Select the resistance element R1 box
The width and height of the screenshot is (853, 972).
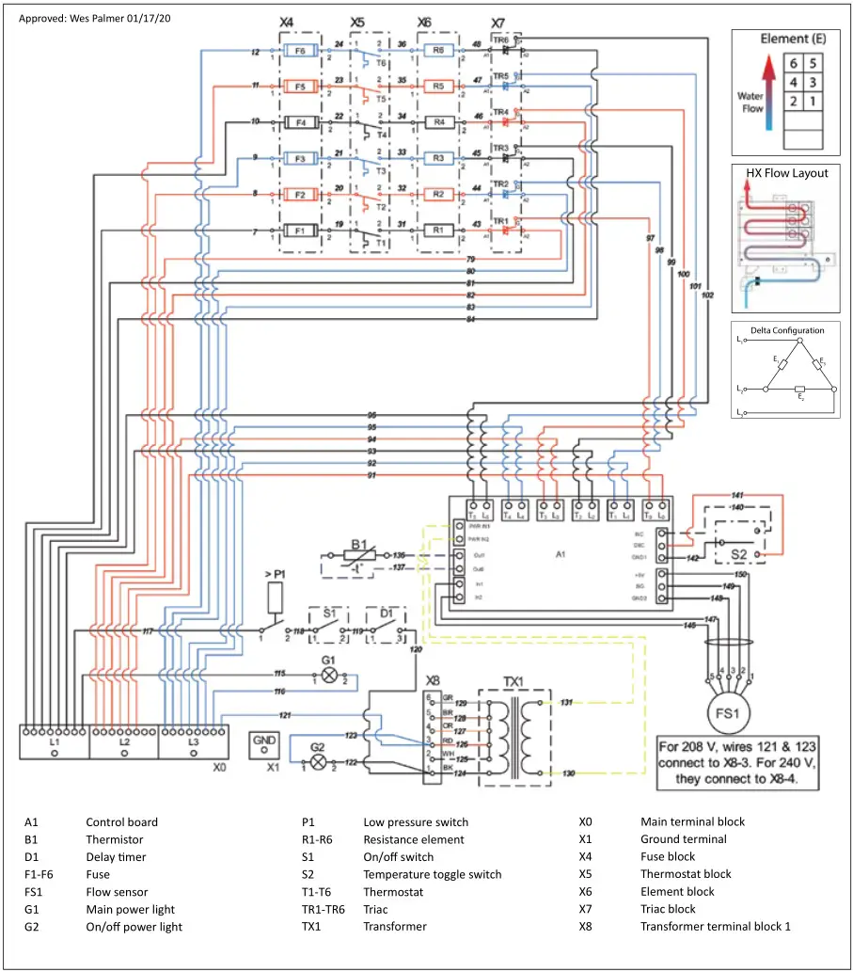pyautogui.click(x=438, y=230)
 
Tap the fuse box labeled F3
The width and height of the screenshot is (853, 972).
pyautogui.click(x=300, y=158)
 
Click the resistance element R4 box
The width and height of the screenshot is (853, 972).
pyautogui.click(x=438, y=122)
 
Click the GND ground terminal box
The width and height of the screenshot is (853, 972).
pyautogui.click(x=265, y=745)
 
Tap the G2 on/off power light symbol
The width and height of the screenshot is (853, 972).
pyautogui.click(x=318, y=761)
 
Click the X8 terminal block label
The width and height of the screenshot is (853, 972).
pyautogui.click(x=433, y=679)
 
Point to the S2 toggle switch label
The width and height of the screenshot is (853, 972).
pyautogui.click(x=739, y=556)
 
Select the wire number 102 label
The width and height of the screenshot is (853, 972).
pyautogui.click(x=707, y=295)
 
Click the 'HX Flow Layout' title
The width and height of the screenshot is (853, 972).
pyautogui.click(x=787, y=173)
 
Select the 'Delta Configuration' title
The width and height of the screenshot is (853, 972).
pyautogui.click(x=787, y=330)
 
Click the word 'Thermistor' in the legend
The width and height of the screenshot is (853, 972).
pyautogui.click(x=115, y=839)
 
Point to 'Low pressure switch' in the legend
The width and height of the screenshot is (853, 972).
pyautogui.click(x=416, y=822)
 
